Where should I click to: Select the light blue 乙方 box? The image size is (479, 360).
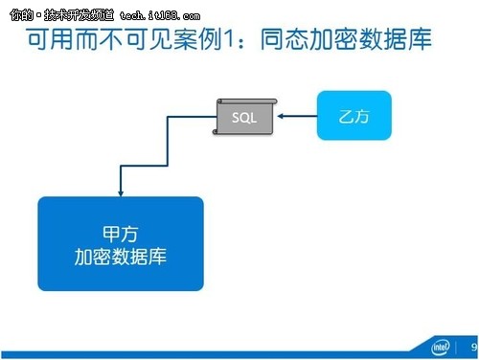(354, 116)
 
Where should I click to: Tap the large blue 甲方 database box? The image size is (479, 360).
(121, 244)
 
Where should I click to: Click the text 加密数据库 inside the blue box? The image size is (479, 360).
(121, 257)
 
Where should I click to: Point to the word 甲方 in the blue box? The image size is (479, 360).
(121, 233)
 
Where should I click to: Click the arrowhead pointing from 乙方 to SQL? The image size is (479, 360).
(282, 117)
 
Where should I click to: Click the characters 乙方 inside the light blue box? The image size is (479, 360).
(354, 116)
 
